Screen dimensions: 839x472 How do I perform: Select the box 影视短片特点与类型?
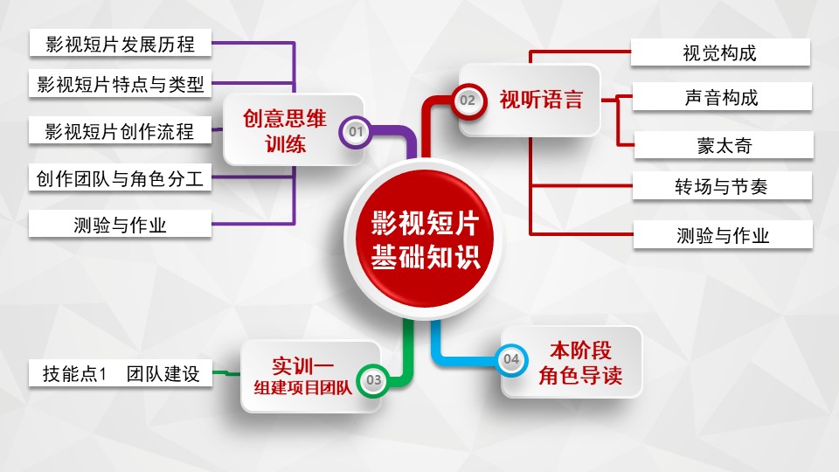pos(120,85)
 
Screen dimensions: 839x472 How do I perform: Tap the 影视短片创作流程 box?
pos(120,132)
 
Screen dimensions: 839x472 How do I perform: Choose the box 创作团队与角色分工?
pos(120,179)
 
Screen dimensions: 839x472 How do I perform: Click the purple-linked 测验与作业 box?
pos(120,226)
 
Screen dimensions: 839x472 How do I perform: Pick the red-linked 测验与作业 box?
pos(722,234)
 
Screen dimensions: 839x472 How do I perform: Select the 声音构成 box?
pos(722,98)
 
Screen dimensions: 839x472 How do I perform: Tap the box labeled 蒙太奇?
pos(722,144)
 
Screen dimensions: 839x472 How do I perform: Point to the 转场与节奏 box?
pos(722,185)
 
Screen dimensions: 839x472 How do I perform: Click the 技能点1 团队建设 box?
pos(121,374)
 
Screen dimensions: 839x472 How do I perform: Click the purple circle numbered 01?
pos(355,132)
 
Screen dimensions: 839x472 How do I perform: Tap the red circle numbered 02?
pos(468,101)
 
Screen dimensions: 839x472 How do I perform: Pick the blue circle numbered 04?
pos(511,358)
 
